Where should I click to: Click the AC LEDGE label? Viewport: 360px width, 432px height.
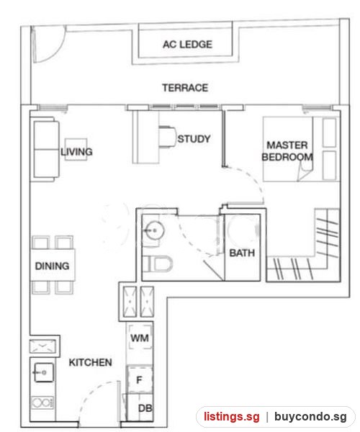click(x=187, y=45)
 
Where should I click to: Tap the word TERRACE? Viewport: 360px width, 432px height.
click(x=185, y=88)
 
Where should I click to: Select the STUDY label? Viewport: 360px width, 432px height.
click(x=194, y=139)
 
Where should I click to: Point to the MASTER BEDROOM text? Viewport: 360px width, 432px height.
click(x=287, y=151)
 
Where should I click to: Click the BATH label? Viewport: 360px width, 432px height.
click(x=242, y=253)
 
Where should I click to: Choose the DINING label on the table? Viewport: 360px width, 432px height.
click(x=52, y=266)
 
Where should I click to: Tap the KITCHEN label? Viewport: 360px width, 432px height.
click(x=90, y=363)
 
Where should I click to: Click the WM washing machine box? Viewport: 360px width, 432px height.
click(x=140, y=338)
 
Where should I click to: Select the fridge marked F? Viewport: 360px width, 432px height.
click(x=140, y=380)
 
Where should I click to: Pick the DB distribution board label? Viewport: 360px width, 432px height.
click(x=145, y=408)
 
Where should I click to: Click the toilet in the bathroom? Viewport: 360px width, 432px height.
click(x=158, y=264)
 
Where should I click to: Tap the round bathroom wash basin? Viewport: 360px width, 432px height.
click(x=155, y=230)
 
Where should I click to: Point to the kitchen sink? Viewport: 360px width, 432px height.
click(x=43, y=372)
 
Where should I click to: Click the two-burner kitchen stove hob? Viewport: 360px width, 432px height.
click(x=42, y=403)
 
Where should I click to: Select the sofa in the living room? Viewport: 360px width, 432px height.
click(x=46, y=149)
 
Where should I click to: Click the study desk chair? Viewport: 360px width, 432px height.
click(x=168, y=137)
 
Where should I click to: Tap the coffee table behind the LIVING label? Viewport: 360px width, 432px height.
click(x=76, y=149)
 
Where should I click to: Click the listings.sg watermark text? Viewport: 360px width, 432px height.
click(x=232, y=417)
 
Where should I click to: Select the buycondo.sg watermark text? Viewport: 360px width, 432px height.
click(x=310, y=417)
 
